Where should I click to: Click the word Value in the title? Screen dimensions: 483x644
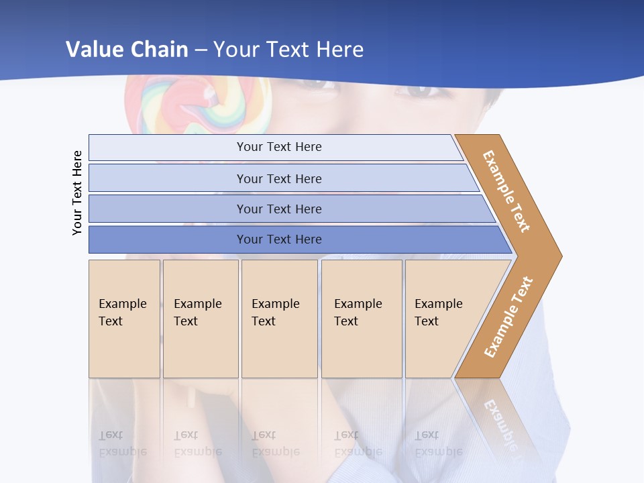[94, 50]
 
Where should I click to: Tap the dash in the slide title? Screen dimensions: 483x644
[201, 50]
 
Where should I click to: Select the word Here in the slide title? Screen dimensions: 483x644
[339, 50]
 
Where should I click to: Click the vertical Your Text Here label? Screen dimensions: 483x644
[77, 193]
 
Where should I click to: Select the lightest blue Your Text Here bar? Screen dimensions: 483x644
[278, 147]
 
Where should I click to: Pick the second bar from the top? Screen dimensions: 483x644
[278, 178]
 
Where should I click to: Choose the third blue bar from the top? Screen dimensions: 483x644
[278, 209]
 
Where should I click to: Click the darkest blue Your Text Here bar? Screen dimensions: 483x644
[278, 239]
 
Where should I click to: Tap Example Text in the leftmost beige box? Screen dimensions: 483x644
[123, 313]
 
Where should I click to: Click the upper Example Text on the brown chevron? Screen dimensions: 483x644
[506, 191]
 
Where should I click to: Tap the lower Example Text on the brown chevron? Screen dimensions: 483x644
[508, 317]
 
